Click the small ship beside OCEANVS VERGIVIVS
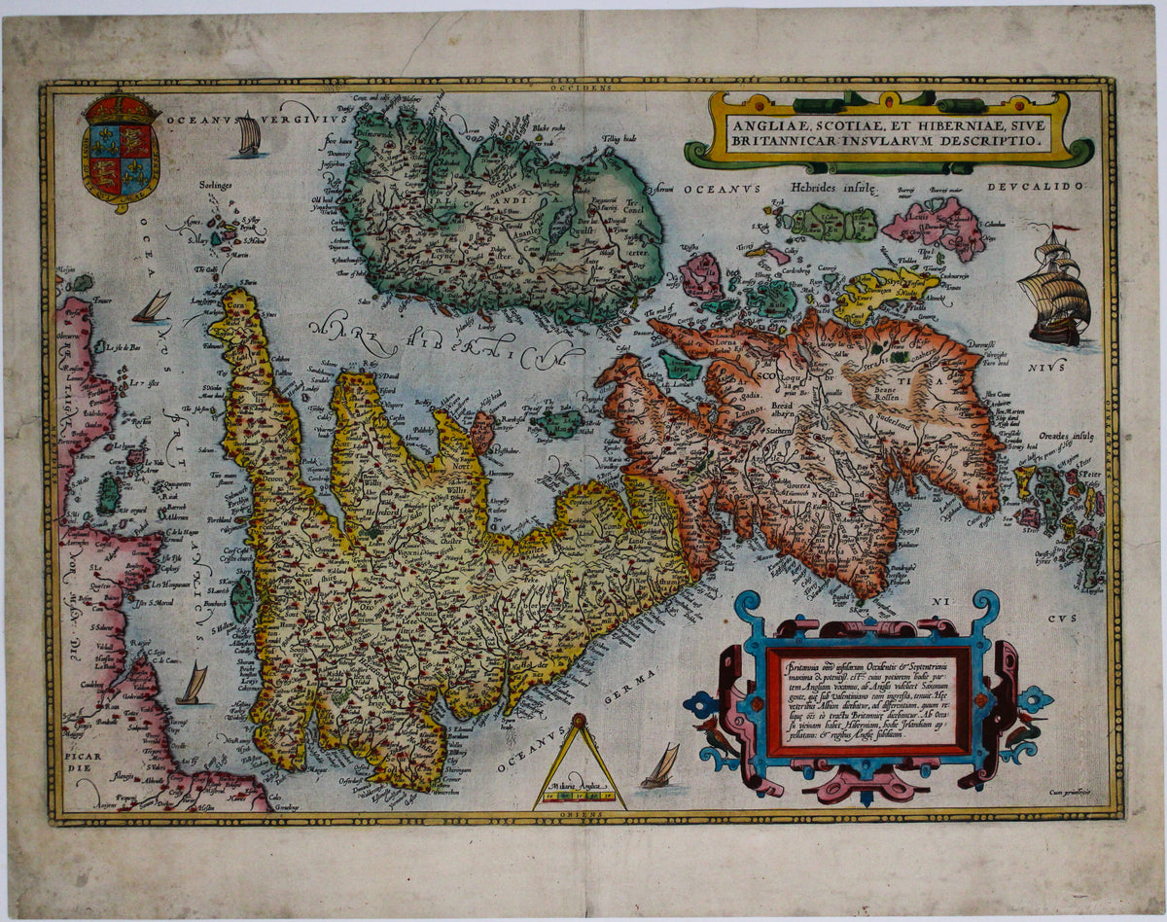click(250, 137)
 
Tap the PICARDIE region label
click(75, 757)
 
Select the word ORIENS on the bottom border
click(582, 814)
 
